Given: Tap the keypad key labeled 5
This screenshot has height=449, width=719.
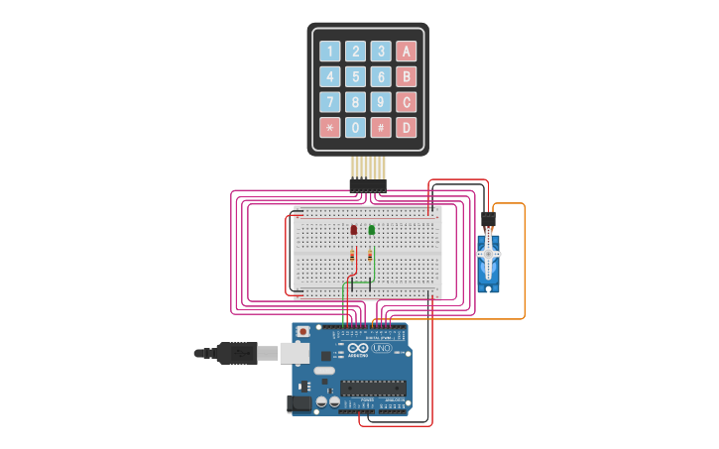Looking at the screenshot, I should point(355,76).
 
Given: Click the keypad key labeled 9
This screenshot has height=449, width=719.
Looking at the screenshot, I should point(381,101).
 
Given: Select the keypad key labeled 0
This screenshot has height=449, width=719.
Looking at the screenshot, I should point(355,127).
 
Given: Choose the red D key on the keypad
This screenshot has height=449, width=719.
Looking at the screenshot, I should point(406,127).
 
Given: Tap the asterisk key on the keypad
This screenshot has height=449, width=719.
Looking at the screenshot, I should point(329,127).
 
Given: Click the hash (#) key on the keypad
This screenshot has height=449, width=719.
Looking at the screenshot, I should point(381,127).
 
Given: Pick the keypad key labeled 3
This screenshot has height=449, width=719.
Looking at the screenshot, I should point(381,51).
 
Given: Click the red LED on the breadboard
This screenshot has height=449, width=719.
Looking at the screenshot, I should point(353,230).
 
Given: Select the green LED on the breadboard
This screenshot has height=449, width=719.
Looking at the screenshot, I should point(371,230).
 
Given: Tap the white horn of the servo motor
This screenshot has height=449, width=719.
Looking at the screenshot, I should point(487,255).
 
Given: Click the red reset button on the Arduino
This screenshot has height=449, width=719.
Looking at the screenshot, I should point(302,330).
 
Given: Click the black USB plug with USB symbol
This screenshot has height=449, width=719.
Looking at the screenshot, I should point(237,352).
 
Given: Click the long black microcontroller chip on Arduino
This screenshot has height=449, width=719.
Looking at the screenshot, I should point(373,387).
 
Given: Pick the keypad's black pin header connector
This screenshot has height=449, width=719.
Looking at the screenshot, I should point(367,184).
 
